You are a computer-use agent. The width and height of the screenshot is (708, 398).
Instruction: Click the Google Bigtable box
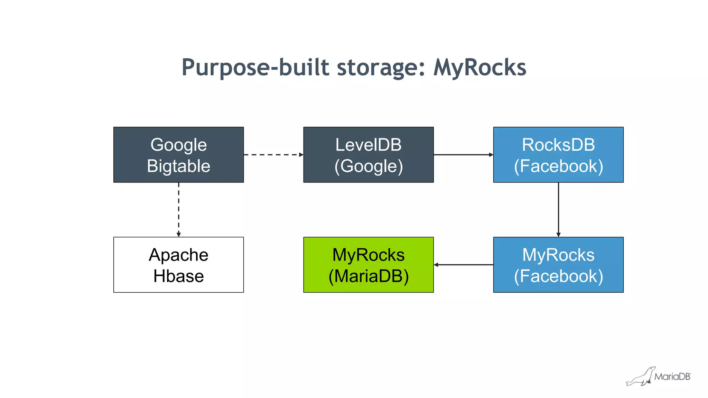(x=178, y=155)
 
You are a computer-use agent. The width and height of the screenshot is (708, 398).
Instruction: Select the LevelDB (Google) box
(x=368, y=155)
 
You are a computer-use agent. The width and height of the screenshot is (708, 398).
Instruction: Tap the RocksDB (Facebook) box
(x=558, y=155)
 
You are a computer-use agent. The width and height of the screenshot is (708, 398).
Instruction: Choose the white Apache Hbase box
(x=178, y=265)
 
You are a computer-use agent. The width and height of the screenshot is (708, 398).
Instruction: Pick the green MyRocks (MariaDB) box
(x=368, y=265)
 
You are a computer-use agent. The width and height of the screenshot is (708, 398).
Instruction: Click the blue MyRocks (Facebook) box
(x=558, y=265)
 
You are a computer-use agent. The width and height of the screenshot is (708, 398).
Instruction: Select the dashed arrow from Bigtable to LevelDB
(x=273, y=155)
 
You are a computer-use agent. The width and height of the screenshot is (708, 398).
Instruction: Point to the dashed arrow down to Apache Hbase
(x=179, y=209)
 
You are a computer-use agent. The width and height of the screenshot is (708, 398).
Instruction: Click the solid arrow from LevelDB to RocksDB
(x=463, y=155)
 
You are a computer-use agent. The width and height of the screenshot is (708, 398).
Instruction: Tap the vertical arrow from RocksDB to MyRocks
(x=558, y=209)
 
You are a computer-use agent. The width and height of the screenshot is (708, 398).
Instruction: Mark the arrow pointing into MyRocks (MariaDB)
(x=463, y=265)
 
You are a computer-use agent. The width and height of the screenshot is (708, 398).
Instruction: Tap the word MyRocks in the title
(x=480, y=67)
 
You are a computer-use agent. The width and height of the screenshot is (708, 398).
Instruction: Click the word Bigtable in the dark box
(x=178, y=166)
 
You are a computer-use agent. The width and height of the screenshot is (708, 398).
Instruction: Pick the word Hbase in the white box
(x=178, y=276)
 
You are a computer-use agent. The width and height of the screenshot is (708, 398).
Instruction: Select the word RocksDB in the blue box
(x=558, y=145)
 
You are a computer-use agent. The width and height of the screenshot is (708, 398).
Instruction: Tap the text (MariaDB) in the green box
(x=368, y=276)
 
